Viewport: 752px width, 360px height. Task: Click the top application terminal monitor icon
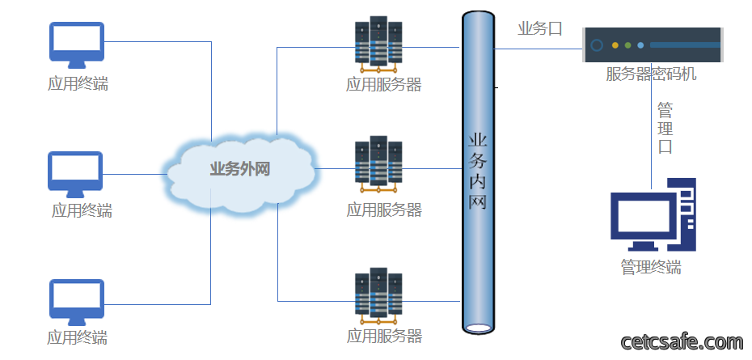(x=77, y=45)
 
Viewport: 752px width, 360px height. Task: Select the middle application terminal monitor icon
(x=75, y=175)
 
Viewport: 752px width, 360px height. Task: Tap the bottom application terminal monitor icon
(x=77, y=303)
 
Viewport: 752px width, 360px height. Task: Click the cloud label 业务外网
(x=240, y=169)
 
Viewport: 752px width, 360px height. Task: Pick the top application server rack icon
(x=378, y=44)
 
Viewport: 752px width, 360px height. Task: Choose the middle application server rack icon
(x=378, y=165)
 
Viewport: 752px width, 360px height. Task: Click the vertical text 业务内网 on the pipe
(x=478, y=172)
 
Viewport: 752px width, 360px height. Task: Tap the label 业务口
(x=539, y=29)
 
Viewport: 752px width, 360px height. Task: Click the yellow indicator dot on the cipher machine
(x=615, y=45)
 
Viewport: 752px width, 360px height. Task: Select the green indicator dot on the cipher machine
(x=627, y=45)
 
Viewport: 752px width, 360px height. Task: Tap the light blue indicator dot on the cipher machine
(x=640, y=45)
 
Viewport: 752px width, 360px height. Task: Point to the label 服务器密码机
(x=651, y=74)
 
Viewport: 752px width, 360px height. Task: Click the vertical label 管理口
(x=665, y=128)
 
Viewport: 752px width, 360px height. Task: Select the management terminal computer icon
(x=653, y=214)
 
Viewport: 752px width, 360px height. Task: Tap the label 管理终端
(x=651, y=267)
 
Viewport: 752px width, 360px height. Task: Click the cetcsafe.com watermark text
(x=682, y=342)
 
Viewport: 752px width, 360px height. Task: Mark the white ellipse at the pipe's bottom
(x=478, y=328)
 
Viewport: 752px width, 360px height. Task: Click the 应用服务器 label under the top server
(x=383, y=85)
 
